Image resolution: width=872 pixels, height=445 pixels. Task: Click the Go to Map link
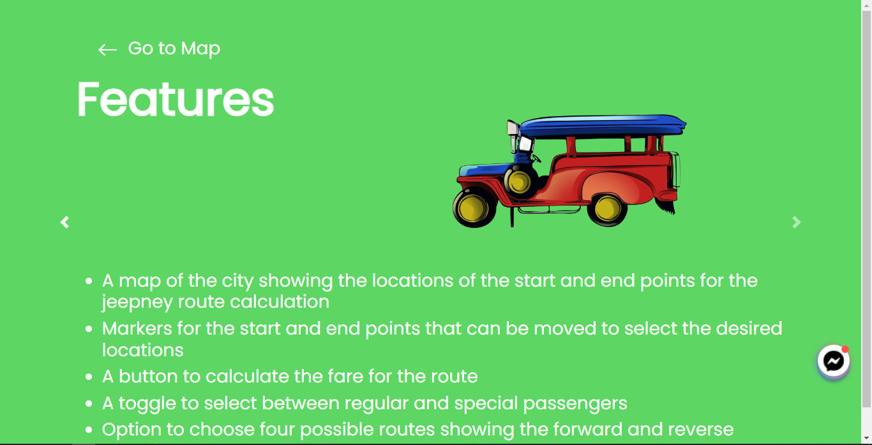pyautogui.click(x=174, y=49)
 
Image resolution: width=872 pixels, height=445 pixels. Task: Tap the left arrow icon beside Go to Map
pyautogui.click(x=107, y=50)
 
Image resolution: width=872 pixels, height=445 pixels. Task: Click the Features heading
pyautogui.click(x=176, y=99)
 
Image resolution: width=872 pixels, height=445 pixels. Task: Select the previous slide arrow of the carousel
pyautogui.click(x=64, y=222)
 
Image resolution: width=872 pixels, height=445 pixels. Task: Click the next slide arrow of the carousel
pyautogui.click(x=796, y=222)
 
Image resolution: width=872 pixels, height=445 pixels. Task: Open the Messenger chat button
pyautogui.click(x=833, y=362)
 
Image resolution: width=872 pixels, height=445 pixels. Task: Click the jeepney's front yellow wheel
pyautogui.click(x=474, y=207)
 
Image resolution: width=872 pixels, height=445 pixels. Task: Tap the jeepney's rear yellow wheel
pyautogui.click(x=606, y=207)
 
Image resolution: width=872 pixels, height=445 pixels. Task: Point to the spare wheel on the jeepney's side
pyautogui.click(x=520, y=181)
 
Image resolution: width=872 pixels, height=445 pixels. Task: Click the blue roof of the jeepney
pyautogui.click(x=600, y=124)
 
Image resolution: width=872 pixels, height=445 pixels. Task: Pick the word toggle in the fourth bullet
pyautogui.click(x=146, y=403)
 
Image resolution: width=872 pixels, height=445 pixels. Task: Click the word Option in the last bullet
pyautogui.click(x=132, y=429)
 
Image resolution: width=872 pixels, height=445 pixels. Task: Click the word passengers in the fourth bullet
pyautogui.click(x=575, y=403)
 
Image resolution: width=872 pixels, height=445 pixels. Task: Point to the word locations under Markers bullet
pyautogui.click(x=143, y=350)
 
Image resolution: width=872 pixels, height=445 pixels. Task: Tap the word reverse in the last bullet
pyautogui.click(x=697, y=429)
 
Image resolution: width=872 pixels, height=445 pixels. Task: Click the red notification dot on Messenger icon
pyautogui.click(x=845, y=349)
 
